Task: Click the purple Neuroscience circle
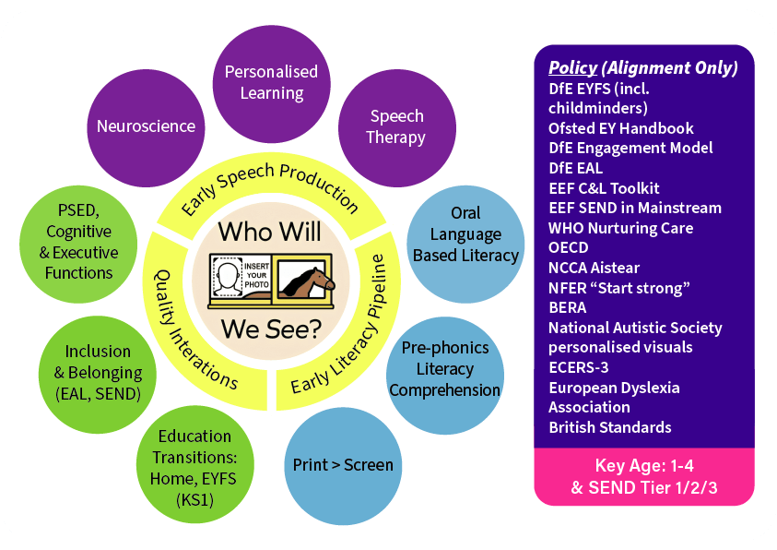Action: click(x=146, y=126)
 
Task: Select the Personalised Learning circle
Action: click(x=271, y=82)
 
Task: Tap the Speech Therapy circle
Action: click(x=396, y=127)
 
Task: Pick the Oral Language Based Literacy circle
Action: click(x=465, y=234)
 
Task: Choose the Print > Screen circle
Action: click(x=343, y=464)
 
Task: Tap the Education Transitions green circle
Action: click(x=194, y=467)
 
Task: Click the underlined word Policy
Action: click(x=571, y=67)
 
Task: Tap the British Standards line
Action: click(x=609, y=427)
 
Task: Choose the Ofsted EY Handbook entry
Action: click(x=620, y=127)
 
